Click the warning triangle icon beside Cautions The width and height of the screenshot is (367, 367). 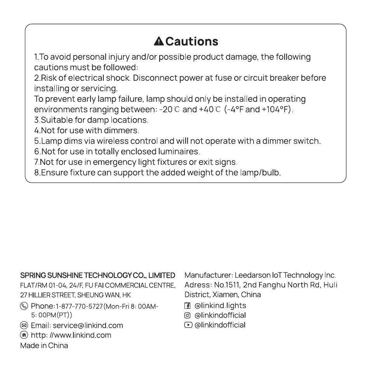point(159,41)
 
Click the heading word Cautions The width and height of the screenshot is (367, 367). point(192,41)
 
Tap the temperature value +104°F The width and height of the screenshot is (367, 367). point(277,109)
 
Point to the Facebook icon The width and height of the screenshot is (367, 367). point(188,306)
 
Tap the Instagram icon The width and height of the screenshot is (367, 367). point(188,315)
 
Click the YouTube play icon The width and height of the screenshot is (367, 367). point(188,325)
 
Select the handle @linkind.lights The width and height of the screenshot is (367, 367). point(220,306)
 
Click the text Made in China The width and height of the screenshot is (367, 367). point(44,346)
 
